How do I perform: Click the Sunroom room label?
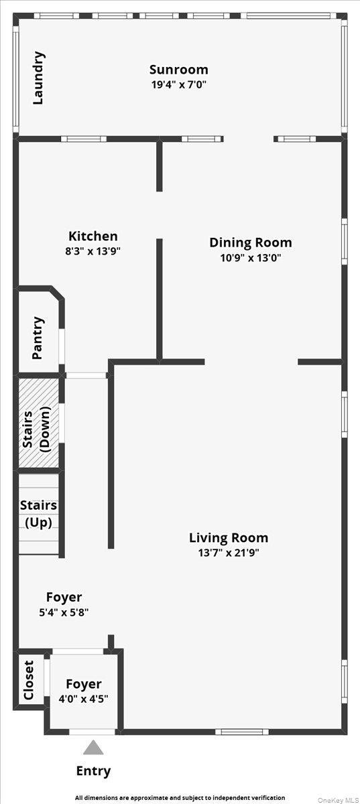click(178, 70)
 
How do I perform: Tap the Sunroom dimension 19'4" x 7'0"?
click(178, 85)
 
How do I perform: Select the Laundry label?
click(39, 78)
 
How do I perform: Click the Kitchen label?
click(93, 236)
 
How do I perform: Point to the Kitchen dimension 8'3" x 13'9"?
click(93, 251)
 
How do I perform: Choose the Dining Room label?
click(250, 243)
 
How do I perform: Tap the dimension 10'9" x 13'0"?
click(250, 258)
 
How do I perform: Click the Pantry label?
click(38, 338)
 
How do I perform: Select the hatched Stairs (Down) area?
click(38, 423)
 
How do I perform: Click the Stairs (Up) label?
click(38, 514)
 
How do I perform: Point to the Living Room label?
click(228, 537)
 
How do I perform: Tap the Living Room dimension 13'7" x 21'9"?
click(228, 553)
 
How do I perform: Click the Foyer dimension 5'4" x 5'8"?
click(64, 612)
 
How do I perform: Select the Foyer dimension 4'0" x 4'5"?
click(83, 698)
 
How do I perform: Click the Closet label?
click(29, 680)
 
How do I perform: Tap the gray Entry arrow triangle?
click(93, 748)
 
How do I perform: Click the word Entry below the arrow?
click(93, 771)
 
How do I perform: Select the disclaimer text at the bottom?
click(180, 798)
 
